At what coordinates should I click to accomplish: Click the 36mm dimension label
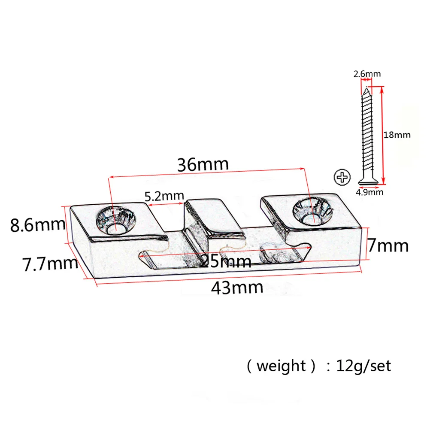[203, 165]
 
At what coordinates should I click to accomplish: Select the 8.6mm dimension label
[38, 225]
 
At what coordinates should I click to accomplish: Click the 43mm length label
[236, 287]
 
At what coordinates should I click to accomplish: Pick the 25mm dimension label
[226, 260]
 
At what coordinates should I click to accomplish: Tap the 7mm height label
[388, 246]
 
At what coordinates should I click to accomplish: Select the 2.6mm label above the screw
[366, 74]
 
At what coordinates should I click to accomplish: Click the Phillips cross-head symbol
[342, 178]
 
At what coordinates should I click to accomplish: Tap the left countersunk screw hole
[115, 220]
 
